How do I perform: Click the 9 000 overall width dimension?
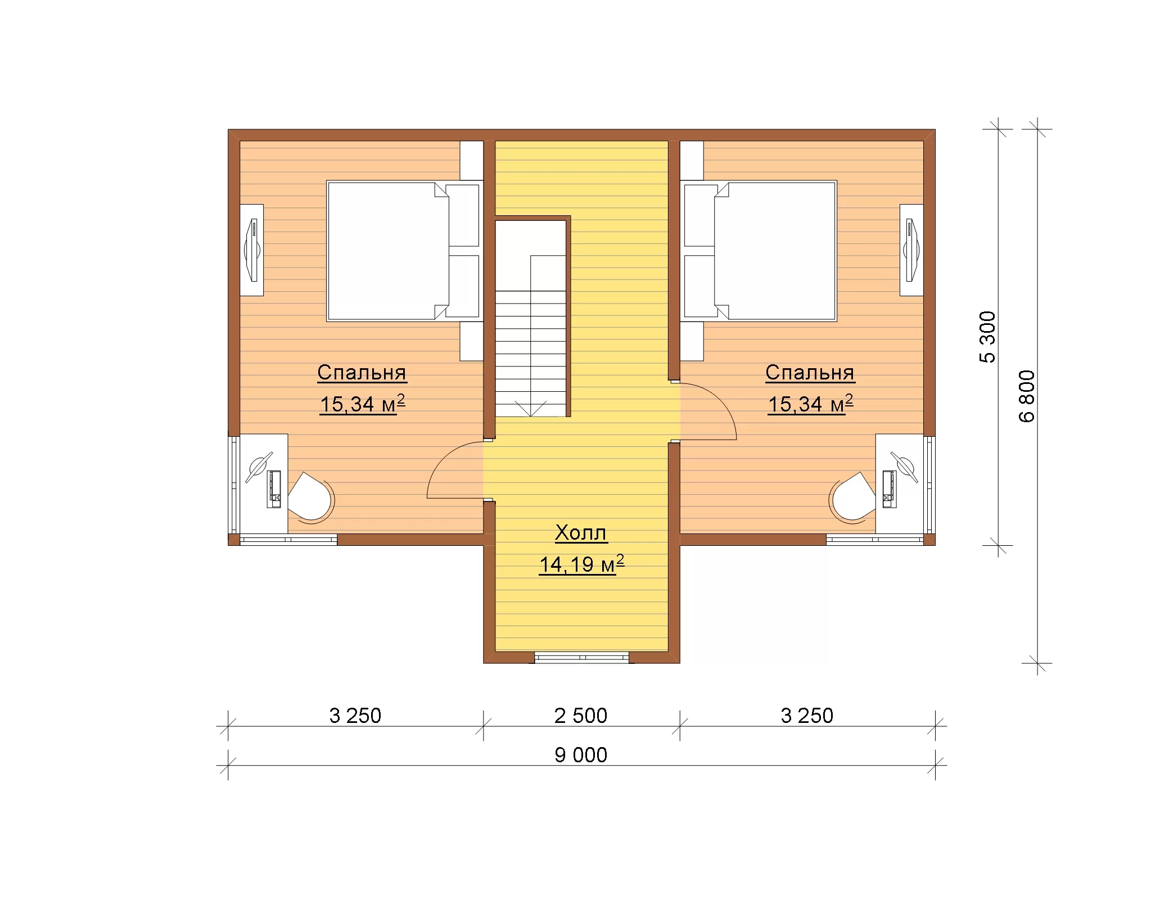point(581,755)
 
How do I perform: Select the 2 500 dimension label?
point(581,716)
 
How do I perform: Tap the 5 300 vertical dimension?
point(987,337)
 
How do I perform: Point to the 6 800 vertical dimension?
point(1027,396)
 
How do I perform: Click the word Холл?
point(581,532)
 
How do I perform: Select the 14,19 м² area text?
point(581,564)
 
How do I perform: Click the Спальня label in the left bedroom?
point(362,372)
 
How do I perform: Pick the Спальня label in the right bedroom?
point(810,372)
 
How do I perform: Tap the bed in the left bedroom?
point(388,251)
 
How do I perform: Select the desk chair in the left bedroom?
point(311,497)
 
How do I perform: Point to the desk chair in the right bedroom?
point(852,497)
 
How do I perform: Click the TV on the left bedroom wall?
point(252,250)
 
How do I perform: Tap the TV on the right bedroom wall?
point(911,250)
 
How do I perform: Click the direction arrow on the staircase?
point(530,408)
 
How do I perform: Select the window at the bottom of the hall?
point(581,657)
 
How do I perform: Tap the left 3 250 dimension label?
point(355,716)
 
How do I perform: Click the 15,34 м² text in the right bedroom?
point(810,404)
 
